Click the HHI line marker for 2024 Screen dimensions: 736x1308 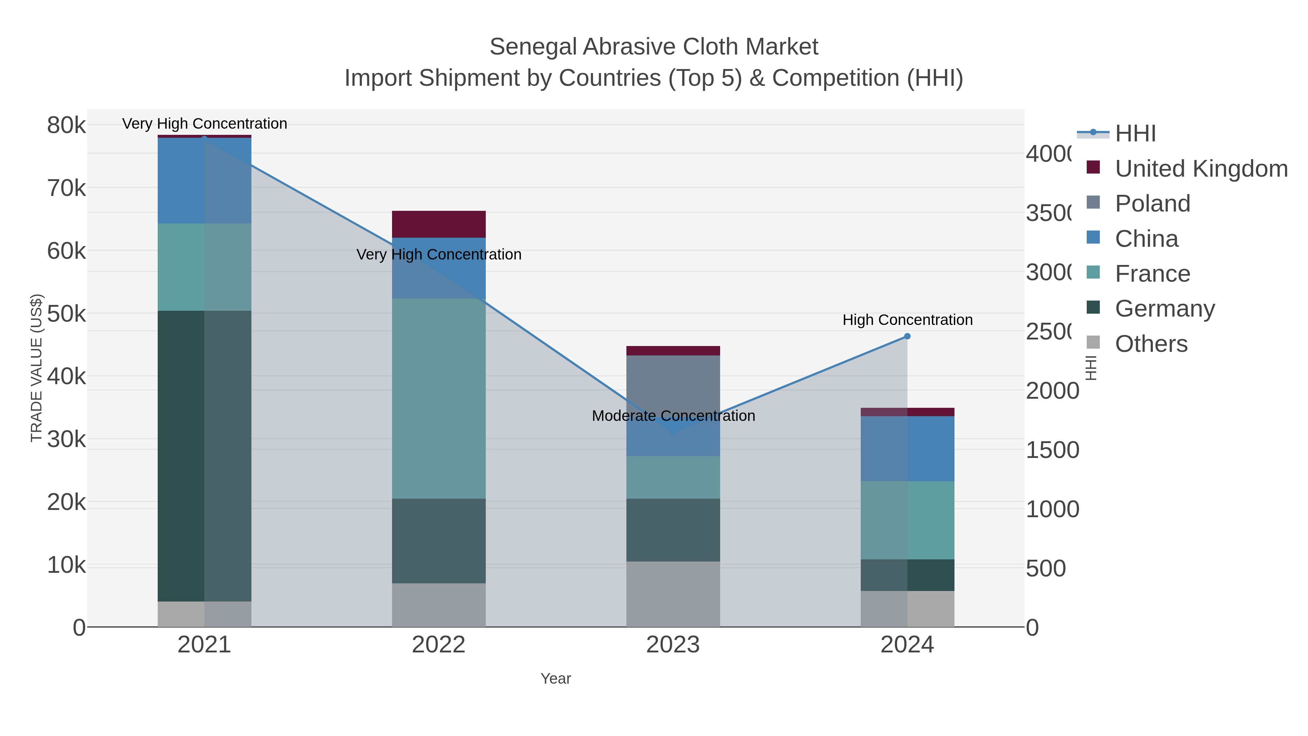[907, 336]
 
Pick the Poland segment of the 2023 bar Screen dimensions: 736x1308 [673, 386]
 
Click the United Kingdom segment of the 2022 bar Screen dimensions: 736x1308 [439, 224]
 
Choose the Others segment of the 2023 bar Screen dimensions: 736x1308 [673, 594]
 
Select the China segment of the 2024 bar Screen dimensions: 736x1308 [907, 449]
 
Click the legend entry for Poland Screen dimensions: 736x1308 [1152, 204]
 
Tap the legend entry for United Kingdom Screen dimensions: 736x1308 [1201, 169]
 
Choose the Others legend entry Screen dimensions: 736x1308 [1151, 344]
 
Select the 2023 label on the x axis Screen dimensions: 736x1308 [673, 645]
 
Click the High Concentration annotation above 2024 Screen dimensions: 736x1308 [907, 320]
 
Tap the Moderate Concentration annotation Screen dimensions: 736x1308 [673, 416]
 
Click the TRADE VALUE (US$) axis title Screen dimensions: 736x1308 [37, 368]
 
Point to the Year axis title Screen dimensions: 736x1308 [556, 679]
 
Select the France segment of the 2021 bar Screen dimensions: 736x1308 [205, 267]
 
